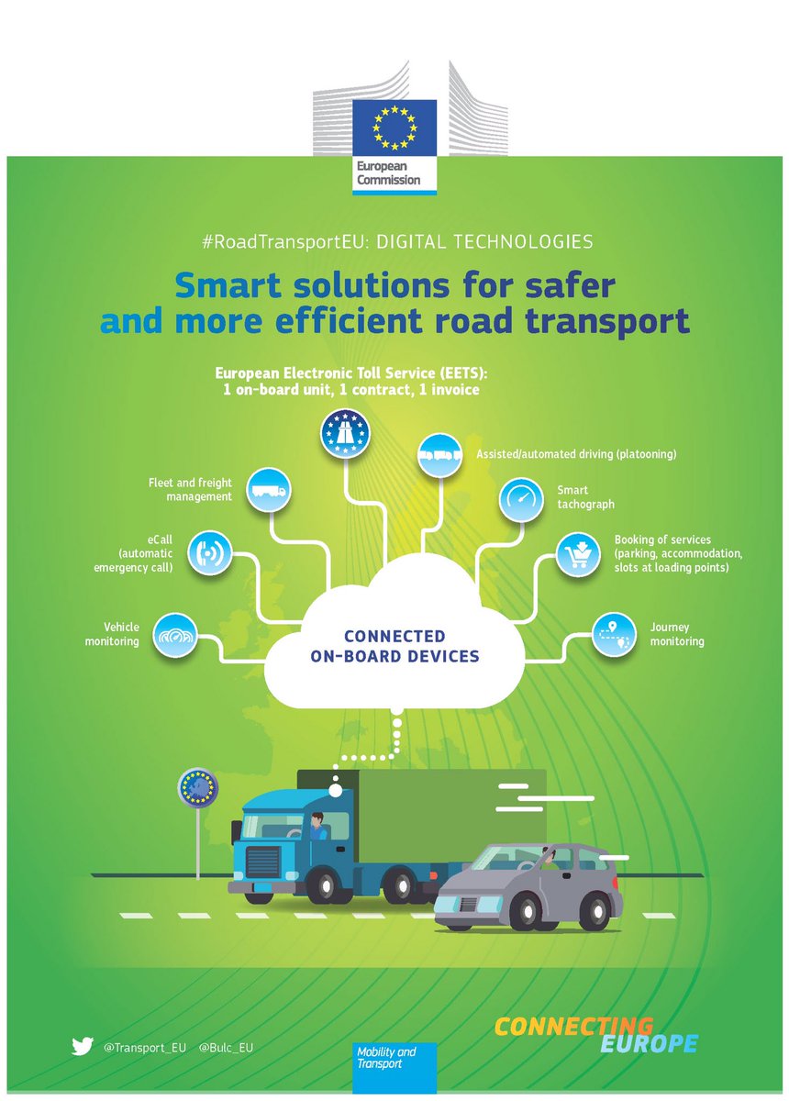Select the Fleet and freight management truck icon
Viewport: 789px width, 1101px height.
click(x=269, y=491)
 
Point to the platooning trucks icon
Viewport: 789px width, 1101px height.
click(x=439, y=454)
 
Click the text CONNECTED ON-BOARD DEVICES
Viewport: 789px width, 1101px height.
click(x=394, y=646)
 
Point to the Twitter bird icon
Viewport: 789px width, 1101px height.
click(x=83, y=1045)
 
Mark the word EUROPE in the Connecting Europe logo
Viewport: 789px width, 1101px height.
click(x=649, y=1044)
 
